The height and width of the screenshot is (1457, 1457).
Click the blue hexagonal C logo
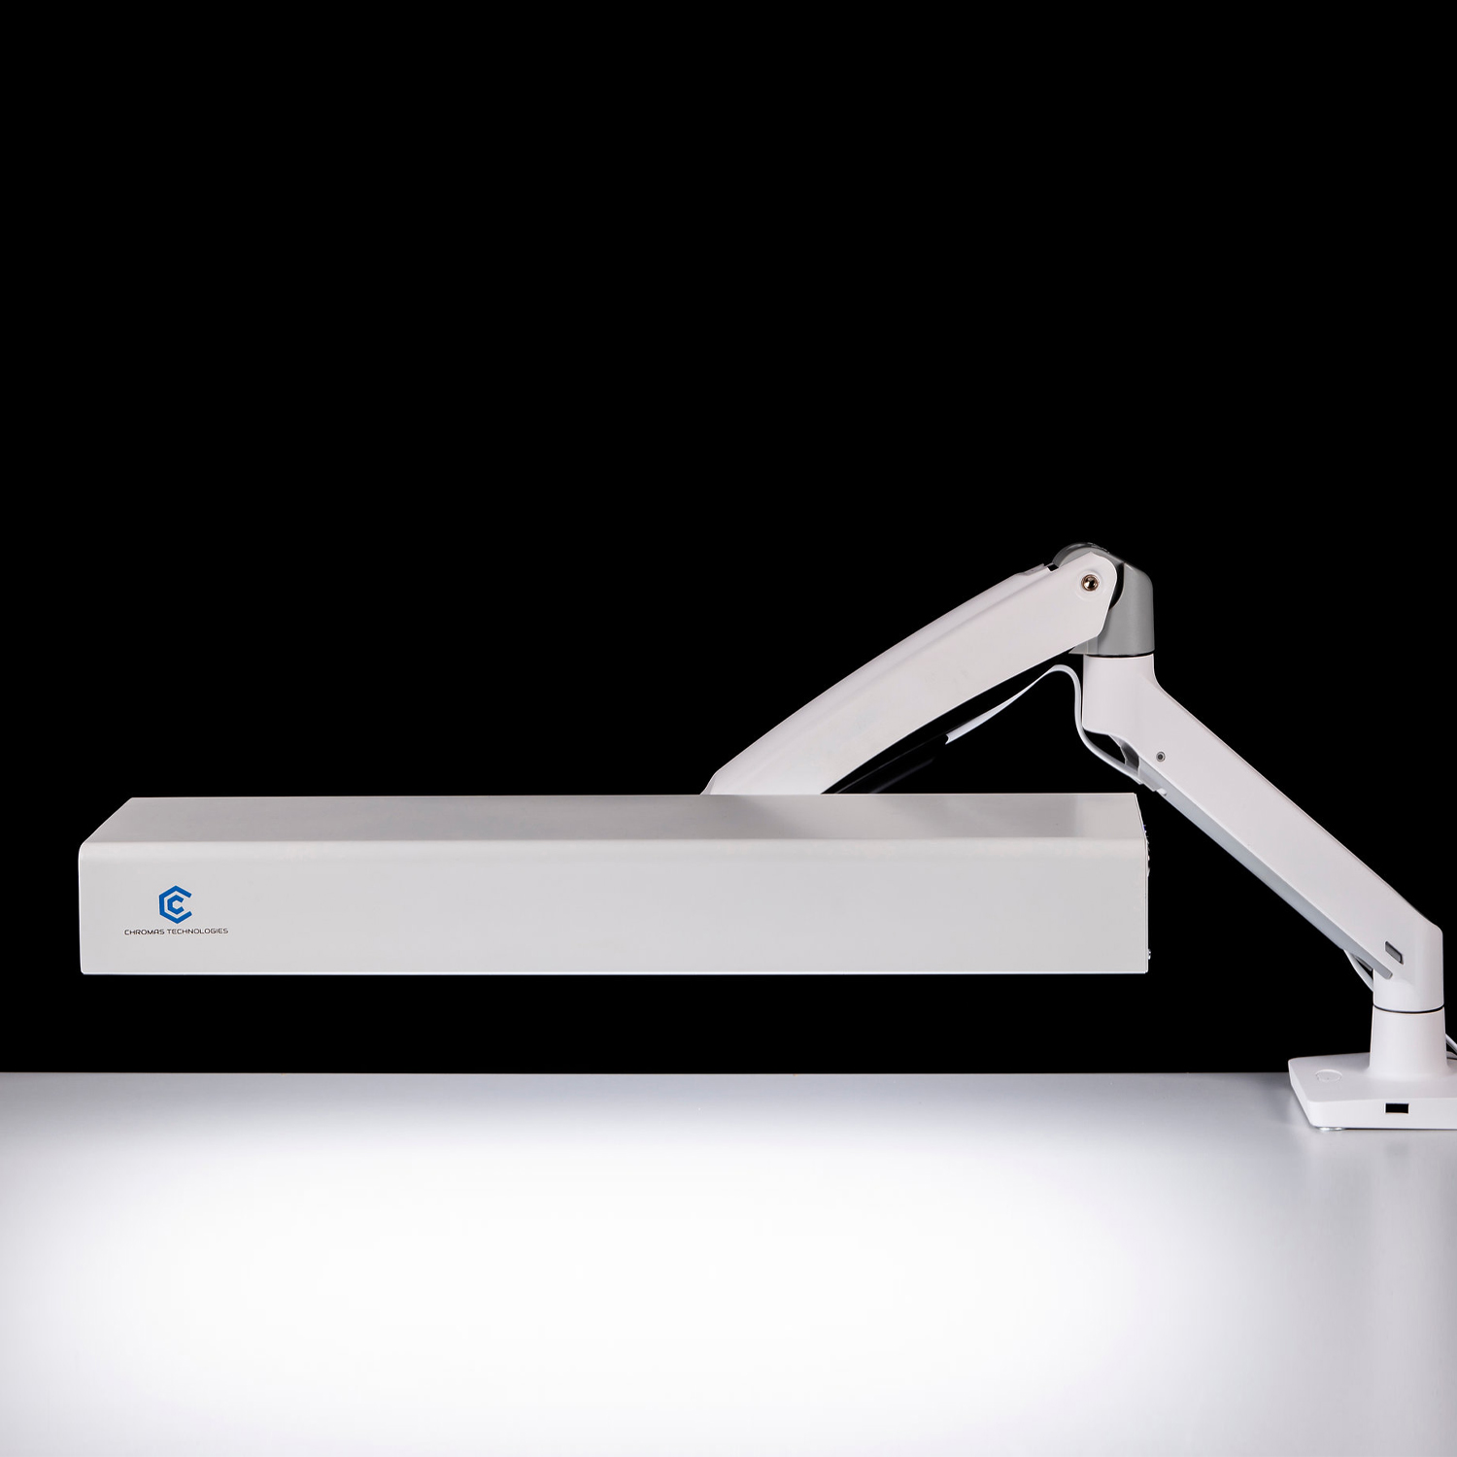[175, 904]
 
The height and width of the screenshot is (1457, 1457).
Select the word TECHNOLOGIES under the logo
[198, 931]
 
